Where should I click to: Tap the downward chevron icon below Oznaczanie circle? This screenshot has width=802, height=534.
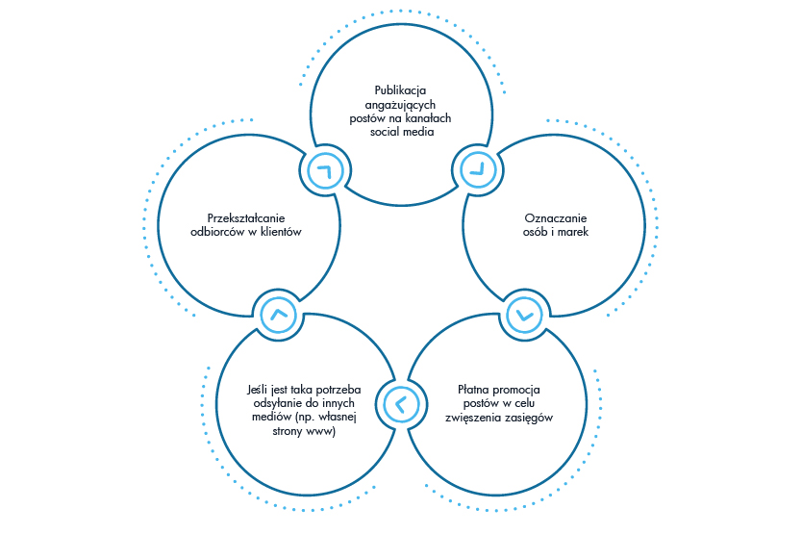pyautogui.click(x=523, y=313)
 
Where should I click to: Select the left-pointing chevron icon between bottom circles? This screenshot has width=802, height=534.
pyautogui.click(x=400, y=403)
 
